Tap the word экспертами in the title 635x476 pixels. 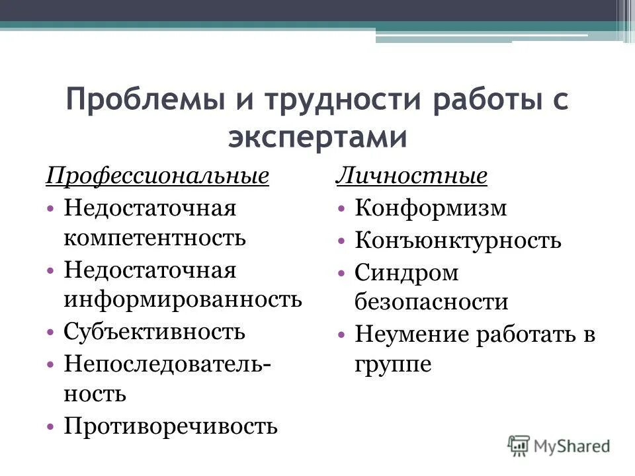point(317,138)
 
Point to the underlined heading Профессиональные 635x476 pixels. point(157,177)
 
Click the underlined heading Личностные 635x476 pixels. point(411,177)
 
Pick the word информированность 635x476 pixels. point(183,299)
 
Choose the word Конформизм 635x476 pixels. point(431,209)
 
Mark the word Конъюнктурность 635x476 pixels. point(458,240)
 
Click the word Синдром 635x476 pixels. point(406,272)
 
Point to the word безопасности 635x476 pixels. point(431,302)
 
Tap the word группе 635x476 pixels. point(393,364)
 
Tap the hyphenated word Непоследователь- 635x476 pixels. point(168,364)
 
